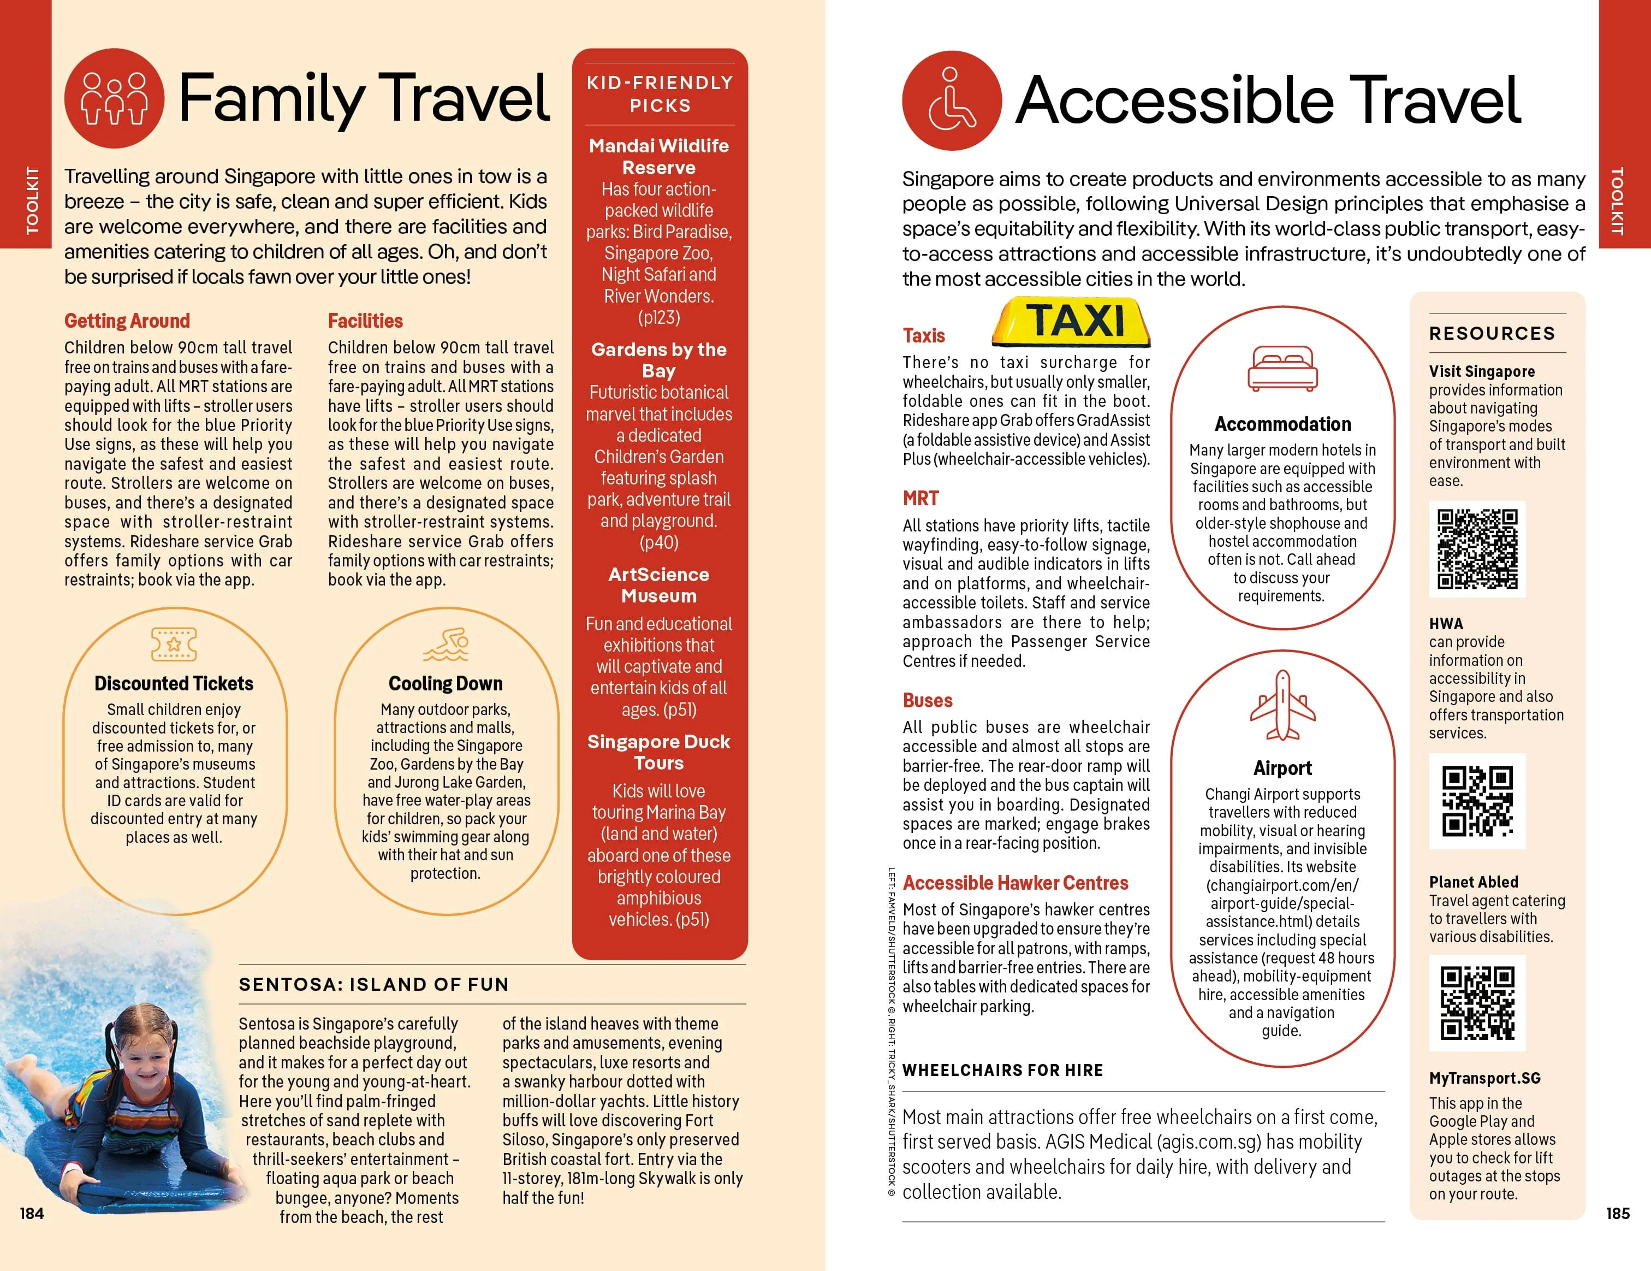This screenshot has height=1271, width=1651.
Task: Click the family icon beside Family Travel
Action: pos(114,98)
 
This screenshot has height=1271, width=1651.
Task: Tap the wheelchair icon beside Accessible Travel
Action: pos(952,101)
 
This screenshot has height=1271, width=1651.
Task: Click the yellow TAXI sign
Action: pos(1071,321)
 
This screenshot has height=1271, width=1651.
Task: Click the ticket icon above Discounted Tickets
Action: pos(174,643)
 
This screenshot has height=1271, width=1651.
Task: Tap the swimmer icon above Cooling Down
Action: pos(446,643)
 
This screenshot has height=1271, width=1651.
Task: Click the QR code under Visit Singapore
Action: pos(1477,549)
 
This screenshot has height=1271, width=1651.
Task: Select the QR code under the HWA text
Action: pos(1477,801)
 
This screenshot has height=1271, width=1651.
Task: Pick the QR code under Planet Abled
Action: pos(1477,1003)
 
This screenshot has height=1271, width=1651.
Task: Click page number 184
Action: pos(32,1213)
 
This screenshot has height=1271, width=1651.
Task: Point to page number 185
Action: pos(1618,1213)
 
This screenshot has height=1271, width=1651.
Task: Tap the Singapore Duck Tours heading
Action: pos(659,752)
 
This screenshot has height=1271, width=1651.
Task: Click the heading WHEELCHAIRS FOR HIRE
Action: pos(1002,1070)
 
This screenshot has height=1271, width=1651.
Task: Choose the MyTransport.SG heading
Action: pos(1484,1078)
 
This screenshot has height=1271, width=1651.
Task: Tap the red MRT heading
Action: pos(920,498)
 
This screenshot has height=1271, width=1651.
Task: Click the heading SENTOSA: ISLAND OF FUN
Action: pos(374,984)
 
